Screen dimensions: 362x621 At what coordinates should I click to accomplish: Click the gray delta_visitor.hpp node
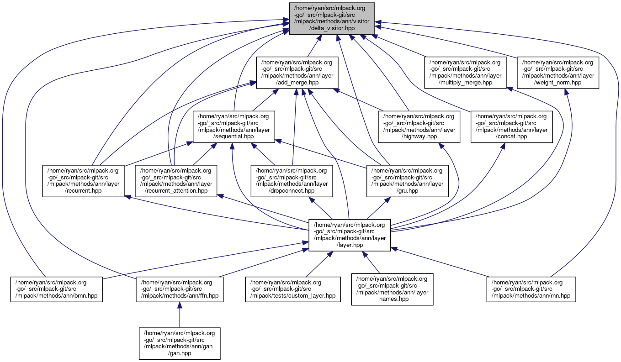(332, 18)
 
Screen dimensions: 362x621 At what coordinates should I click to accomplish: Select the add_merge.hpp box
(297, 72)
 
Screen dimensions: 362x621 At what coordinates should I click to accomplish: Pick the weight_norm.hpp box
(557, 72)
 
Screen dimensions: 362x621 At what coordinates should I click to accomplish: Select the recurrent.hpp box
(84, 181)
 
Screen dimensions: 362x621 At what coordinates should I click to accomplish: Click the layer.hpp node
(350, 235)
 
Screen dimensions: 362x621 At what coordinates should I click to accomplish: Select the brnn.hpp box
(57, 289)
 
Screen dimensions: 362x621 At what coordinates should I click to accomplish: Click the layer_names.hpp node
(392, 289)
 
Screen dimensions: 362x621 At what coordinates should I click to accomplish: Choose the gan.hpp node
(180, 343)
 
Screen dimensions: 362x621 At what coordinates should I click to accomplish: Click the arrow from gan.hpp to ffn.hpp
(180, 315)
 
